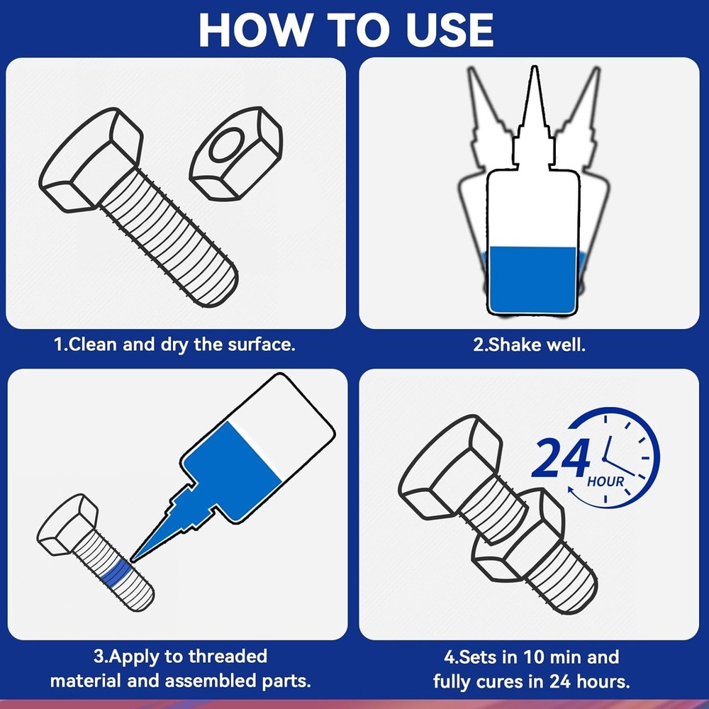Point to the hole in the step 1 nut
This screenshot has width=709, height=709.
225,147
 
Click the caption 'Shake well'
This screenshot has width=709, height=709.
530,345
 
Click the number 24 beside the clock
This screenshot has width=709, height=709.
560,459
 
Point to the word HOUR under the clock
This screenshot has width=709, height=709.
605,482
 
